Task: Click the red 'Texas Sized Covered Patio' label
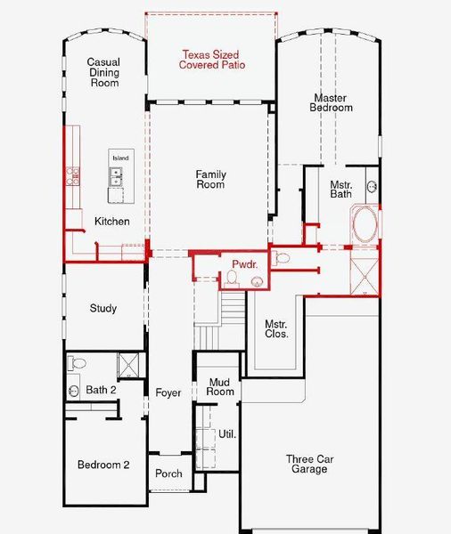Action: coord(212,60)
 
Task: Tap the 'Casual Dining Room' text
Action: coord(103,73)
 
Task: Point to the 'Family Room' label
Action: coord(211,180)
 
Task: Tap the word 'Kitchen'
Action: coord(112,222)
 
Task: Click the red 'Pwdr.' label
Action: coord(244,265)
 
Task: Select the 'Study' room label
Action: coord(103,309)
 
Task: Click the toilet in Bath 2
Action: coord(78,363)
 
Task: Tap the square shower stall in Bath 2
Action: coord(128,366)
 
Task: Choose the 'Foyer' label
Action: coord(168,392)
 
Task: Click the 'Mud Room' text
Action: coord(220,387)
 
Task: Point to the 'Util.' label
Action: coord(227,435)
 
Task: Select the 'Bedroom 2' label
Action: coord(104,465)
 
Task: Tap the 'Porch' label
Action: coord(168,473)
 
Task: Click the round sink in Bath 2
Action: coord(74,391)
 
